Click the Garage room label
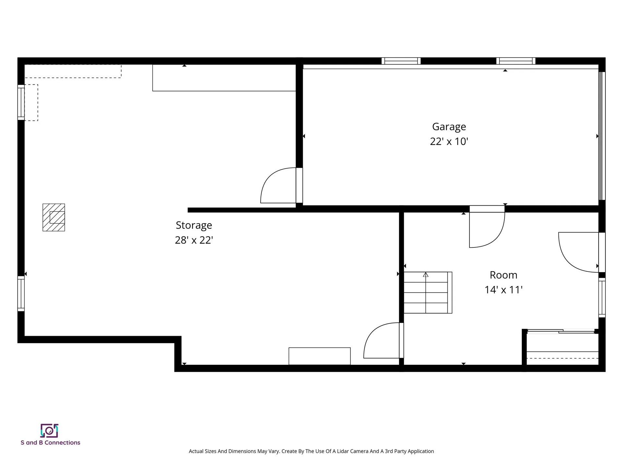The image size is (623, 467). tap(449, 127)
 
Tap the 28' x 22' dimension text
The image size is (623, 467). tap(194, 240)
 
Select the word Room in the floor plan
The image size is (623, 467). tap(503, 275)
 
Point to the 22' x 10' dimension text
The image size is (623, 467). tap(449, 142)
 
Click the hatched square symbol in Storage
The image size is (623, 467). tap(54, 217)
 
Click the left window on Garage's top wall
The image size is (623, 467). tap(401, 61)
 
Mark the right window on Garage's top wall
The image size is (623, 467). tap(516, 61)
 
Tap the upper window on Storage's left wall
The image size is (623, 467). tap(21, 102)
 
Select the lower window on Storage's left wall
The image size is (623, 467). tap(21, 293)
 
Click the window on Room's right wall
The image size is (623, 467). tap(602, 298)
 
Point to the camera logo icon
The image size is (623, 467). tap(49, 431)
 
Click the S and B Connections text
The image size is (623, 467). tap(50, 443)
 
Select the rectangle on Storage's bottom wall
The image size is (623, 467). tap(319, 356)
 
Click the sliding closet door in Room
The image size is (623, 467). tap(561, 331)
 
